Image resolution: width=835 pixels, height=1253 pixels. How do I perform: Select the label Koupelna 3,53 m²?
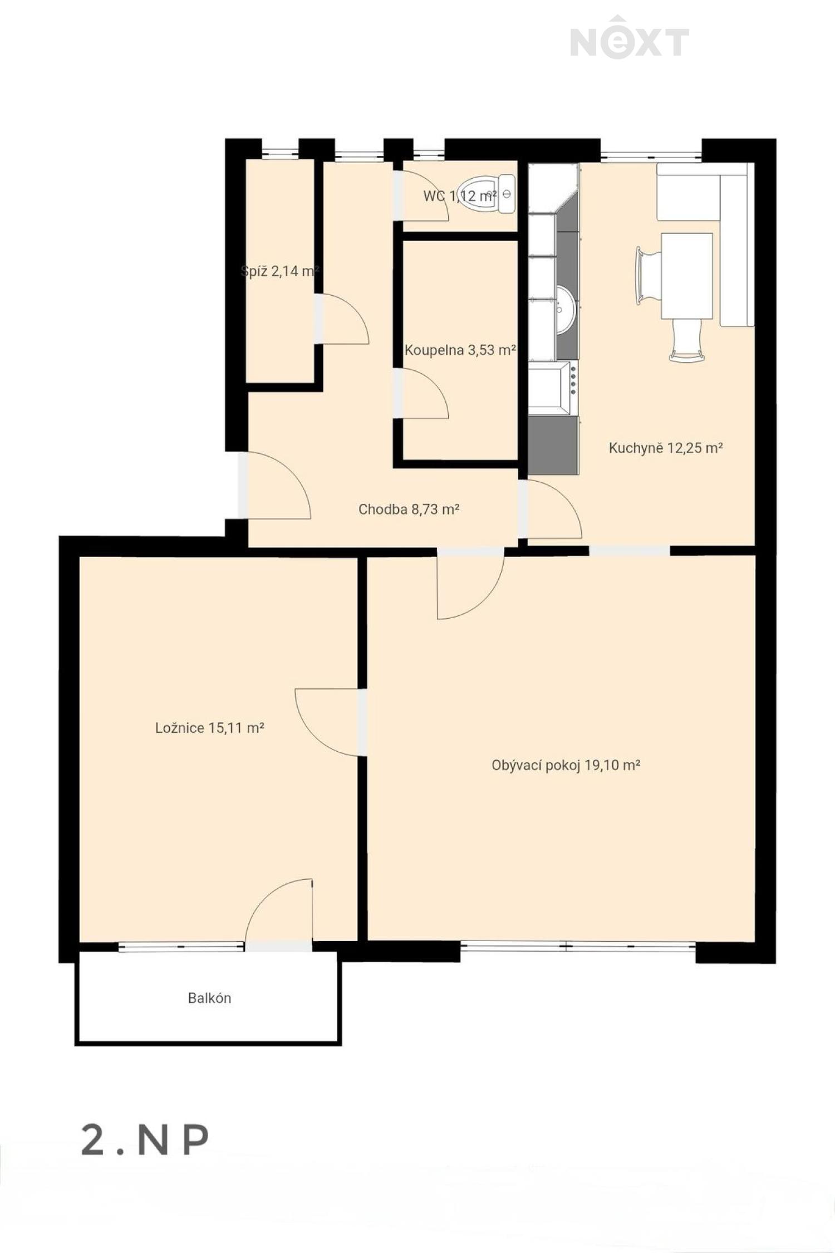tap(460, 350)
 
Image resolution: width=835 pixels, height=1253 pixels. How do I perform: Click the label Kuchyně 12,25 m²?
tap(666, 448)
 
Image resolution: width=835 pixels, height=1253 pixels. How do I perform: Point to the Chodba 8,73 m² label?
tap(409, 509)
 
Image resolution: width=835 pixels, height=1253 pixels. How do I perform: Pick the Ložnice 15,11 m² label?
tap(209, 727)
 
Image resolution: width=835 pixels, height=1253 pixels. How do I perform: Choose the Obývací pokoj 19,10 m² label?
tap(566, 765)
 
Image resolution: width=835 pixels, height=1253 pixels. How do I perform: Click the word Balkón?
tap(209, 998)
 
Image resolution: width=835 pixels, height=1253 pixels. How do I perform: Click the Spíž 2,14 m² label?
tap(279, 271)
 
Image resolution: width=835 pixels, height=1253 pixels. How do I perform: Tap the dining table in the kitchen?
tap(687, 276)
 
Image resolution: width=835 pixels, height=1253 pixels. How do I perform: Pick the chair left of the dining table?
tap(648, 276)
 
